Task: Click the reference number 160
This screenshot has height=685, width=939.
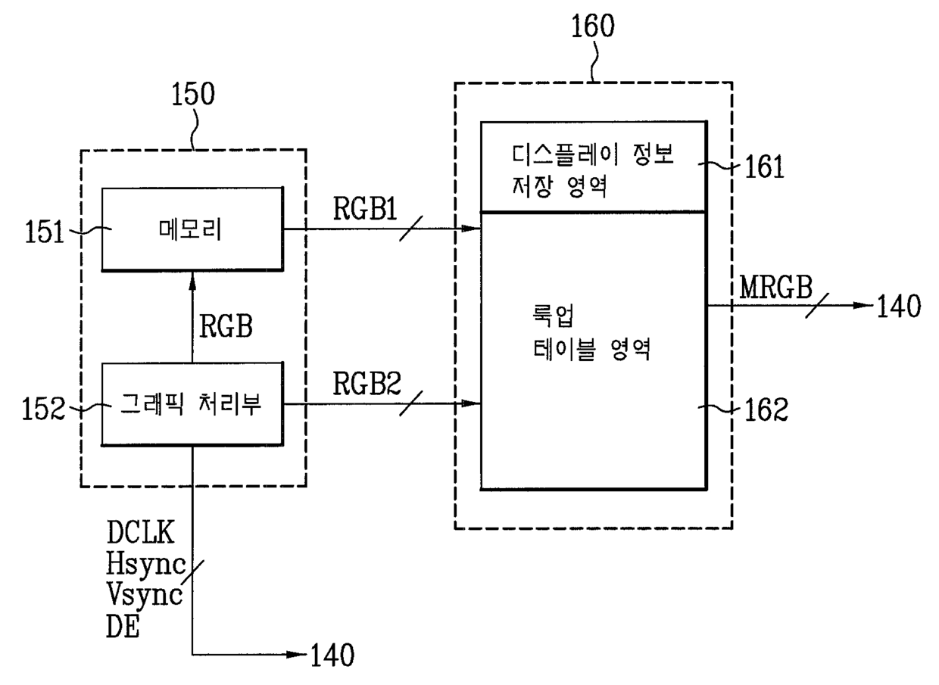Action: point(593,26)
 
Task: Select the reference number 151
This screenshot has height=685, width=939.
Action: point(45,232)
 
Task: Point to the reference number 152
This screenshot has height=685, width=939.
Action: point(44,409)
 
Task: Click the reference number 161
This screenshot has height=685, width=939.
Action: point(764,167)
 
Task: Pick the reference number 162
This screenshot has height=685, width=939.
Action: point(766,409)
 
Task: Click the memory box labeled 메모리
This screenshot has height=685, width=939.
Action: point(192,229)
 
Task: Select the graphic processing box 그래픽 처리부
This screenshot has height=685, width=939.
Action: point(192,404)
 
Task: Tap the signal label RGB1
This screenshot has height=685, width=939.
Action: point(365,208)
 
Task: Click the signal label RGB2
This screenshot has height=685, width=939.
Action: point(367,383)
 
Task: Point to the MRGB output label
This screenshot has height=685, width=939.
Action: point(775,288)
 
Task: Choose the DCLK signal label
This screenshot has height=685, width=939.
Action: point(140,532)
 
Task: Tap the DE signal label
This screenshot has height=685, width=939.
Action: point(123,627)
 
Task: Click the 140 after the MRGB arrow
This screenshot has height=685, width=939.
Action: point(899,306)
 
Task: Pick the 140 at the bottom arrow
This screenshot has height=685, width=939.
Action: point(332,655)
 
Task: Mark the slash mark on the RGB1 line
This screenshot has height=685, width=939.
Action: point(410,229)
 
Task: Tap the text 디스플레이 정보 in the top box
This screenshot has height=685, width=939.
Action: point(592,154)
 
